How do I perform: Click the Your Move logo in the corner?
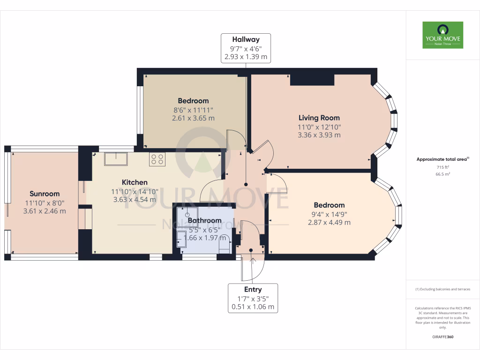[x=442, y=35]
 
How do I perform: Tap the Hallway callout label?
[x=246, y=48]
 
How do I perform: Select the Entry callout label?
[x=253, y=298]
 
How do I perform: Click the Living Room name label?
[x=319, y=118]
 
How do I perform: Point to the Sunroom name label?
[x=45, y=194]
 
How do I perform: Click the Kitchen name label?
[x=135, y=182]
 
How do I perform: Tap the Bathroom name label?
[x=204, y=220]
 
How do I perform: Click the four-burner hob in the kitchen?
[x=157, y=159]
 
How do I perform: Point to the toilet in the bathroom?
[x=225, y=247]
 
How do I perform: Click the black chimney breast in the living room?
[x=312, y=80]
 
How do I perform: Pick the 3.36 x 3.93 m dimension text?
[x=319, y=135]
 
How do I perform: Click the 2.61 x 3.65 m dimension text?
[x=193, y=118]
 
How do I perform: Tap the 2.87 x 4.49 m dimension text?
[x=329, y=222]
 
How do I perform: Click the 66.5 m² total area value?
[x=442, y=174]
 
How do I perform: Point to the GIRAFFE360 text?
[x=442, y=337]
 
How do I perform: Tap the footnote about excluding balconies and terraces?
[x=442, y=289]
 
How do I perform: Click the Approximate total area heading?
[x=442, y=159]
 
